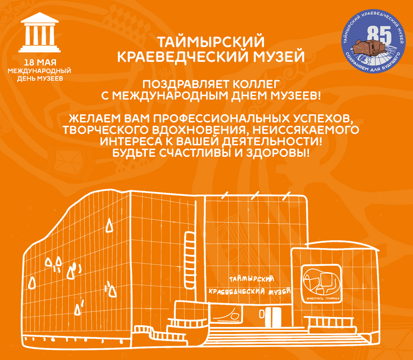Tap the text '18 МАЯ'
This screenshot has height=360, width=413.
pos(40,63)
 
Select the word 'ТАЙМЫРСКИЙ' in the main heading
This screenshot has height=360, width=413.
pos(211,42)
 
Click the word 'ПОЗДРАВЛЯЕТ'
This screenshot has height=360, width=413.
pos(186,85)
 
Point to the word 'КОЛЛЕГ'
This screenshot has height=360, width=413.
pos(256,85)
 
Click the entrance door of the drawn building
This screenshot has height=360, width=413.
pos(273,317)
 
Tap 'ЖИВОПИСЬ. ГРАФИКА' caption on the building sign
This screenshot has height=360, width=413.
pos(323,299)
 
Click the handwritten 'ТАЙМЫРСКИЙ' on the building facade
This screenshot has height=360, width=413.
pos(251,279)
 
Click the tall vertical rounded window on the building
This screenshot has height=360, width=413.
pos(190,260)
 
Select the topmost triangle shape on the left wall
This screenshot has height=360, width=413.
pos(109,225)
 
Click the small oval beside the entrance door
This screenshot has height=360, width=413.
pos(262,314)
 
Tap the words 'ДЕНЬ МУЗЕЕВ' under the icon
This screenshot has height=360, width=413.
pos(40,78)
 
